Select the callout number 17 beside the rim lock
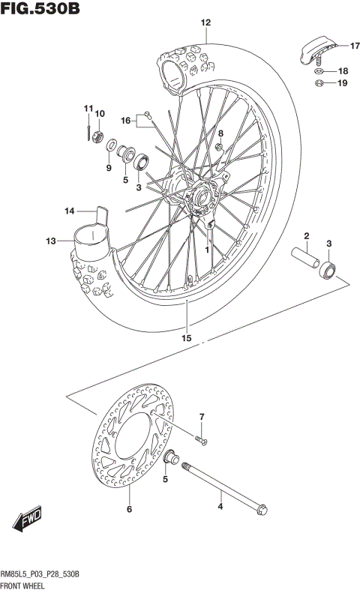pos(343,46)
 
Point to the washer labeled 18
pos(319,71)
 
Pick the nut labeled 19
pos(319,83)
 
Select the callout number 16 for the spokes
pos(125,120)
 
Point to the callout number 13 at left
pos(50,241)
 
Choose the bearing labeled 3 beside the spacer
pos(328,268)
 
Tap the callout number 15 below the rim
pos(186,338)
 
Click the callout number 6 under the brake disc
pos(129,510)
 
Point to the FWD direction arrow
pos(27,520)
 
